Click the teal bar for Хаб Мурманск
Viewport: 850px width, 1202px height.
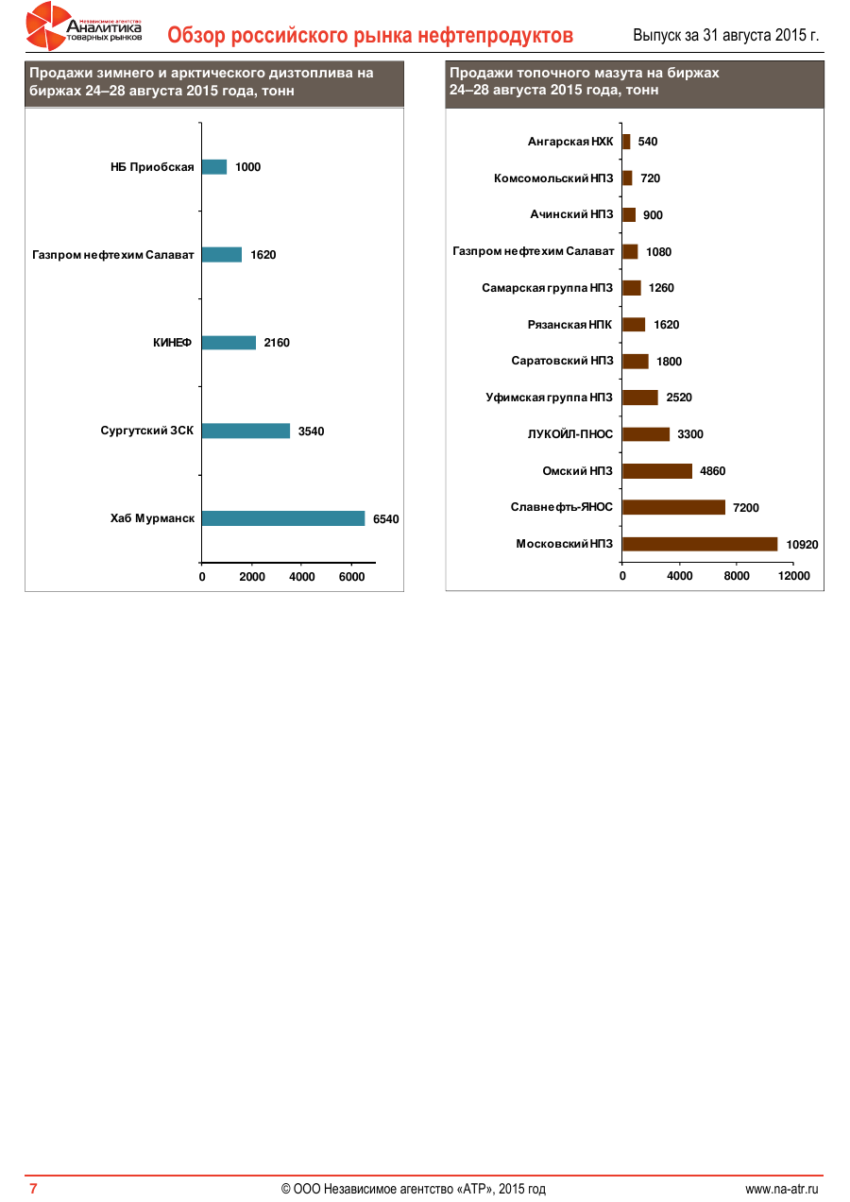[x=282, y=518]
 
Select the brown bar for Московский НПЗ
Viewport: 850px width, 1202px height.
[x=699, y=544]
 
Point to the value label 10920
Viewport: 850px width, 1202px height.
[x=802, y=544]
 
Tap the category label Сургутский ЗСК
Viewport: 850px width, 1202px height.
[x=147, y=431]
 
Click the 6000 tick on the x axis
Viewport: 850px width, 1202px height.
[x=351, y=577]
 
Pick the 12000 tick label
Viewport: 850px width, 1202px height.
[x=793, y=576]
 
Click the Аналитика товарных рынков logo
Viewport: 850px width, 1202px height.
[x=85, y=26]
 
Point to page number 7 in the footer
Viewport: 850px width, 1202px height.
[x=33, y=1189]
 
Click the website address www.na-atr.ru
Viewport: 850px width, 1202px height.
[x=781, y=1189]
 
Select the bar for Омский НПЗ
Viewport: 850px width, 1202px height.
[x=656, y=471]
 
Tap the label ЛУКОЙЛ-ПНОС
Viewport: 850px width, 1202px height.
[x=570, y=434]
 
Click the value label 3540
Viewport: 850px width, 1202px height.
[x=311, y=432]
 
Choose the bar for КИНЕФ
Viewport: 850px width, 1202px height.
[x=229, y=343]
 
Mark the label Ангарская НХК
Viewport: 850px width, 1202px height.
[x=570, y=142]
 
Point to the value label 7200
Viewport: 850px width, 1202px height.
[x=745, y=508]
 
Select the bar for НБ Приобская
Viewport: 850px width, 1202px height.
[x=214, y=167]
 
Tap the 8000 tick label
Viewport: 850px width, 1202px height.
[x=737, y=576]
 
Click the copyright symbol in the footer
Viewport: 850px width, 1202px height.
[x=285, y=1189]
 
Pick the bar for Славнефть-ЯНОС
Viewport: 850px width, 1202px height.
[x=673, y=507]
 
